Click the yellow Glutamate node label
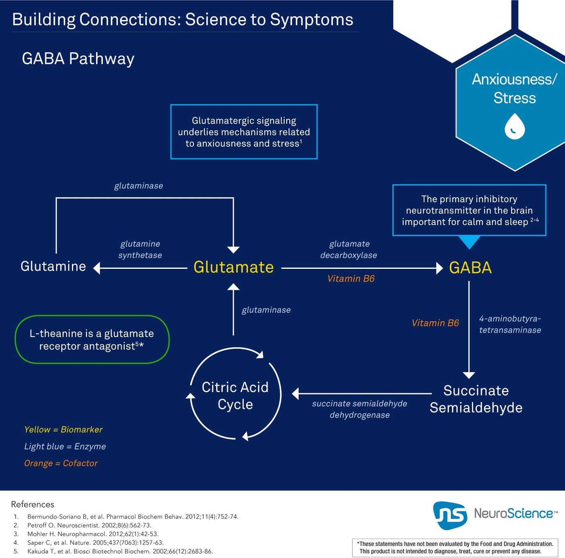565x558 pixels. [233, 267]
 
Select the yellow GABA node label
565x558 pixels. [470, 268]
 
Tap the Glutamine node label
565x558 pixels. [53, 266]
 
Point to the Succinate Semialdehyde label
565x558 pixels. [476, 399]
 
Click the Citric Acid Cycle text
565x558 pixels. [235, 396]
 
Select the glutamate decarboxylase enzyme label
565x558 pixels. [349, 250]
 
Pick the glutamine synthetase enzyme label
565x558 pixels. [140, 250]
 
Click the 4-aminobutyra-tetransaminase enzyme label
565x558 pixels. [510, 324]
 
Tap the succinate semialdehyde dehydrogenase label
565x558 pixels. [359, 409]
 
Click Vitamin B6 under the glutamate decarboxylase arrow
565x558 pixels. [351, 278]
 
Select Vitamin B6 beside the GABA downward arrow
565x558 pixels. [436, 323]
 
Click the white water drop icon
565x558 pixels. [515, 126]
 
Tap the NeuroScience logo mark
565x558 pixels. [450, 515]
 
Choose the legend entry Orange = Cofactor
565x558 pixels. [61, 463]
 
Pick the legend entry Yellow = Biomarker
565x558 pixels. [63, 429]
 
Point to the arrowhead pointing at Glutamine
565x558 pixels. [97, 268]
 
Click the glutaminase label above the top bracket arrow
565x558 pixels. [138, 186]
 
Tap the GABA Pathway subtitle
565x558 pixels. [78, 59]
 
